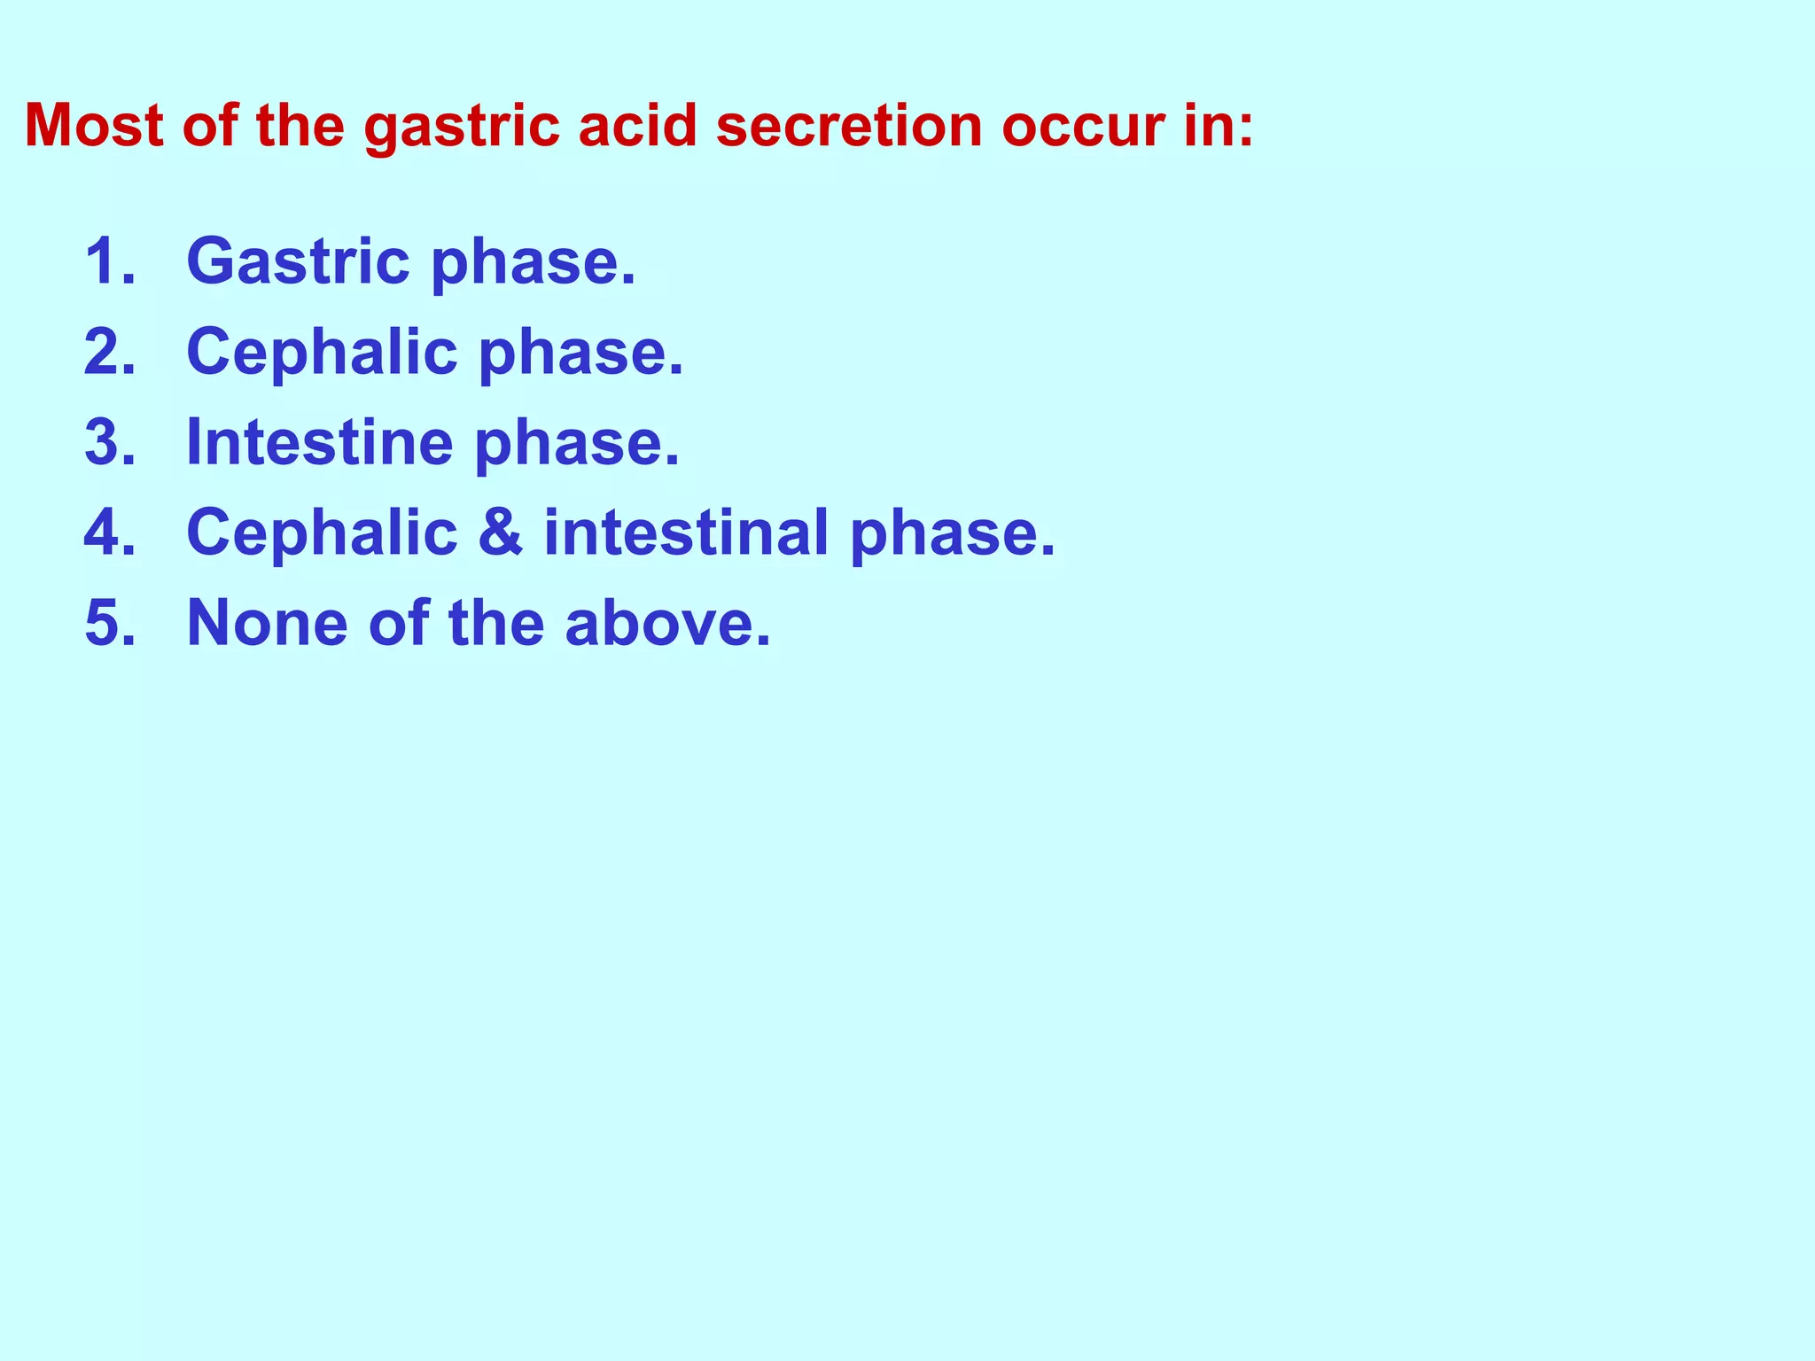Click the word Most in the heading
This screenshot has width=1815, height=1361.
[94, 125]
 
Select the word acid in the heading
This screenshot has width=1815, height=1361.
[637, 125]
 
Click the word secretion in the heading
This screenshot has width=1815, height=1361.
[849, 125]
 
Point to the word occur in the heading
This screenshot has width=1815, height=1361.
[1082, 127]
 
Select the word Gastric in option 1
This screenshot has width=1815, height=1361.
[298, 263]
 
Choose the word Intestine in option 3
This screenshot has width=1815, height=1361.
[319, 442]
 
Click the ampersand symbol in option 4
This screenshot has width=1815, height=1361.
[500, 533]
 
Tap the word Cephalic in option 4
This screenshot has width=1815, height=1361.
[322, 533]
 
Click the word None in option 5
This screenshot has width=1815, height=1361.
[268, 623]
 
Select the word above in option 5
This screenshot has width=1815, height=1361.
[666, 623]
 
